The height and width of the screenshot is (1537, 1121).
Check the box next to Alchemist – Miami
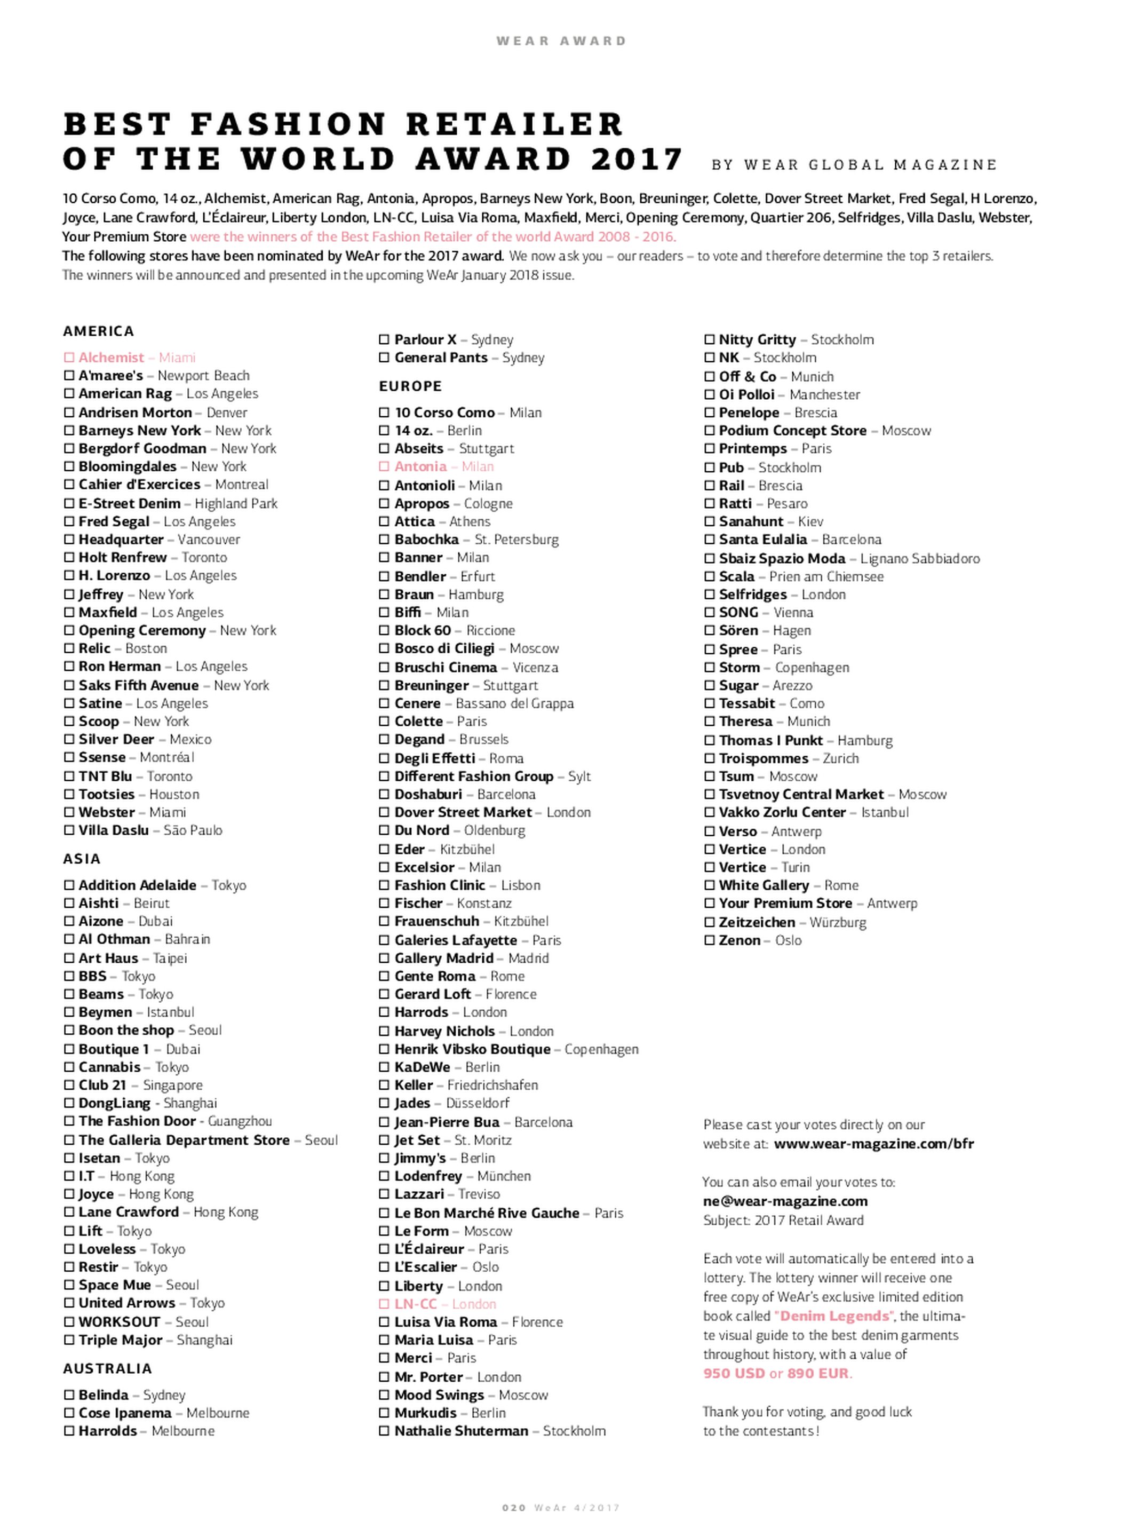[x=68, y=357]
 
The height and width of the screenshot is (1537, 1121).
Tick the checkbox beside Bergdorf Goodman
[x=68, y=448]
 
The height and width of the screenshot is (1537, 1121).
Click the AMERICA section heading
[x=98, y=331]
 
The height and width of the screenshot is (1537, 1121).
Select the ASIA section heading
[x=82, y=858]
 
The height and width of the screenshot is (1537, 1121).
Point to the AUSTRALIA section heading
[x=107, y=1368]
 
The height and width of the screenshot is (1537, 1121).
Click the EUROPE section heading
[x=410, y=386]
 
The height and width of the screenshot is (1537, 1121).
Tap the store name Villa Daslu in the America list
[x=113, y=830]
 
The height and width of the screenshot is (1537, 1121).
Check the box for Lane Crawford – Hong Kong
[x=68, y=1211]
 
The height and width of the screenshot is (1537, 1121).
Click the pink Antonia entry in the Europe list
[x=421, y=466]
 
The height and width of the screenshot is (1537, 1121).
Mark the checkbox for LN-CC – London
[x=385, y=1304]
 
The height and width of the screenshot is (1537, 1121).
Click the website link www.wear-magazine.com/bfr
[x=873, y=1144]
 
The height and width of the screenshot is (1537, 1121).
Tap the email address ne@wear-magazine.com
[x=785, y=1200]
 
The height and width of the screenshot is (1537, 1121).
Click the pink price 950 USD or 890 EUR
[x=776, y=1373]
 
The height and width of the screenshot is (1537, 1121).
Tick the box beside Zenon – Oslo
[x=710, y=940]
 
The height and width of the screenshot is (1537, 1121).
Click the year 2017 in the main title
[x=636, y=160]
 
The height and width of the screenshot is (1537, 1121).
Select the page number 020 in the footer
[x=514, y=1508]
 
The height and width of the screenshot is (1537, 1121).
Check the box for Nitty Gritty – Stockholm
[x=710, y=339]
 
